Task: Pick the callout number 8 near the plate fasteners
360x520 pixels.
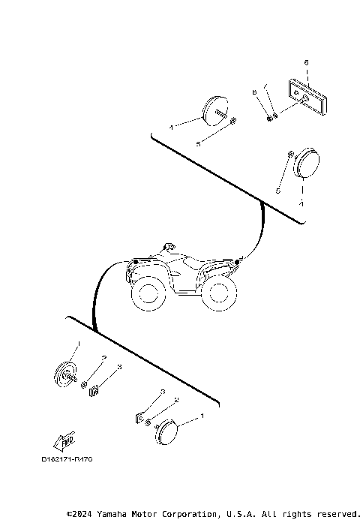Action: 253,91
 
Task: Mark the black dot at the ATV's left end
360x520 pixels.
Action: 134,261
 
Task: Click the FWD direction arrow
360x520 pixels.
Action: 64,440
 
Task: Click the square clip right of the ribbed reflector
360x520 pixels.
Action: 94,389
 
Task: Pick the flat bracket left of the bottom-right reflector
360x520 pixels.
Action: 140,416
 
